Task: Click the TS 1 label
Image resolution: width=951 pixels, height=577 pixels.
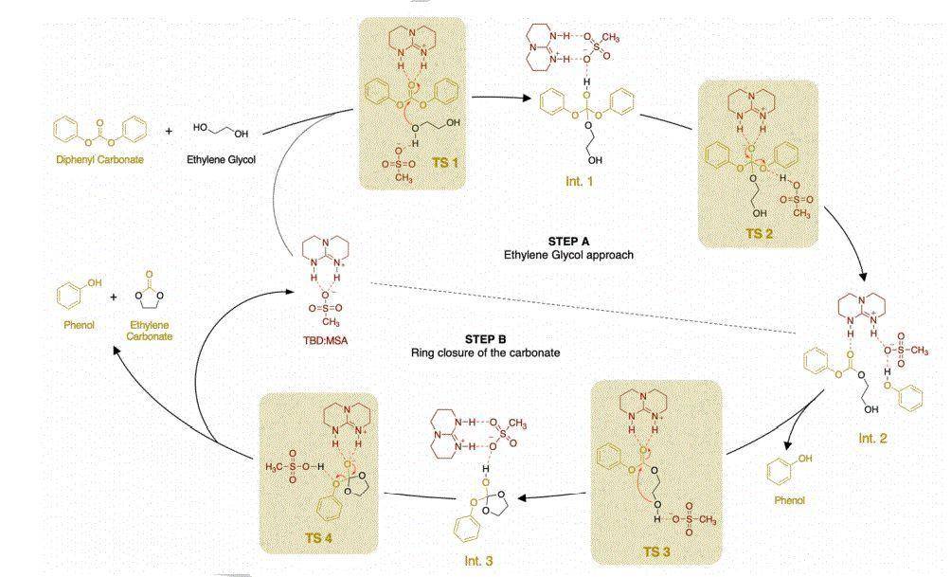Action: pyautogui.click(x=445, y=163)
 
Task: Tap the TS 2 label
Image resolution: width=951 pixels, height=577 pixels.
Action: pyautogui.click(x=760, y=234)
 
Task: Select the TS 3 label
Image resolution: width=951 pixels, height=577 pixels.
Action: pyautogui.click(x=656, y=551)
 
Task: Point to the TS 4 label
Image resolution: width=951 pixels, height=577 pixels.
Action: pyautogui.click(x=319, y=537)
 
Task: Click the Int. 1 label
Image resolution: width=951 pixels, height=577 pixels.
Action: pyautogui.click(x=579, y=181)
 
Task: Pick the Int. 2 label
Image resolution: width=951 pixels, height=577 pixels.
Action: pyautogui.click(x=872, y=438)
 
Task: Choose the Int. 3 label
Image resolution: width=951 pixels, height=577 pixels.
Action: pyautogui.click(x=478, y=561)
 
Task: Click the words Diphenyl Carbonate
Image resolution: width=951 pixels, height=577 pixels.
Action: pyautogui.click(x=100, y=159)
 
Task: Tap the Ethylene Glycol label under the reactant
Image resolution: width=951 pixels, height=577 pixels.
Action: pyautogui.click(x=221, y=159)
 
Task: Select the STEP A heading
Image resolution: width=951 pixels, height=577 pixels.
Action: pyautogui.click(x=568, y=242)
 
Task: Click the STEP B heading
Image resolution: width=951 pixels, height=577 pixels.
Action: pyautogui.click(x=485, y=339)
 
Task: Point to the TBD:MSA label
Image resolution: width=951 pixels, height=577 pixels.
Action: pyautogui.click(x=326, y=340)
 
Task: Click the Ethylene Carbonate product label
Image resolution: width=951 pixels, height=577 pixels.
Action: pyautogui.click(x=150, y=331)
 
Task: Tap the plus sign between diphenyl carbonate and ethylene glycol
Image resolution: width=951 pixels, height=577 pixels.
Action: pyautogui.click(x=169, y=131)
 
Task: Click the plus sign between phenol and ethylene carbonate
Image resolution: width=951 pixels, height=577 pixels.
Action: pyautogui.click(x=114, y=298)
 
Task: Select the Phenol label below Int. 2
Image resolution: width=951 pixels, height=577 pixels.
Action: pyautogui.click(x=790, y=500)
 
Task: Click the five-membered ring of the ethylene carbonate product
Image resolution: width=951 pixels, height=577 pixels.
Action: pyautogui.click(x=149, y=298)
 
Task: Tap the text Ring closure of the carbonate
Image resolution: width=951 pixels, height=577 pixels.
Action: pyautogui.click(x=485, y=352)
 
